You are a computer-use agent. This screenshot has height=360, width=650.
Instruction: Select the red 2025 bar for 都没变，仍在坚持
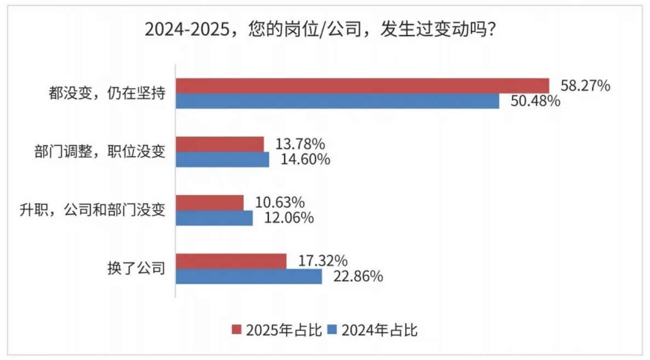click(x=362, y=85)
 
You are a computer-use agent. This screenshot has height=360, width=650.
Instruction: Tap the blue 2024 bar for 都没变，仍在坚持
click(x=337, y=101)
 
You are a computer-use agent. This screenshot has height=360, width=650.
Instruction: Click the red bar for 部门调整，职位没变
click(x=220, y=144)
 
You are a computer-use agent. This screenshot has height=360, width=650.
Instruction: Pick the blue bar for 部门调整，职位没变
click(x=222, y=159)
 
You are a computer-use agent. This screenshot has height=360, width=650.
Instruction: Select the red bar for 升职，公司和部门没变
click(x=209, y=203)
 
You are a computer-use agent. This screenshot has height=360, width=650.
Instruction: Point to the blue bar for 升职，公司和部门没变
click(x=214, y=218)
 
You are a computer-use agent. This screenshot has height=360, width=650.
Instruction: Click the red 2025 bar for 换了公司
click(x=231, y=261)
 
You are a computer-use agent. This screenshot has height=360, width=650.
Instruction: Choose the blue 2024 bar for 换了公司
click(x=249, y=277)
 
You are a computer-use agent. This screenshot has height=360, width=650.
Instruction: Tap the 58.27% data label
click(x=585, y=86)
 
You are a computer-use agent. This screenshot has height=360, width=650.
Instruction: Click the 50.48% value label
click(x=535, y=101)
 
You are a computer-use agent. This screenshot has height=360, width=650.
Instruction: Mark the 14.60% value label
click(x=305, y=159)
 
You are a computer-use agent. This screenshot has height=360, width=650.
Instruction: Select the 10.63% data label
click(x=280, y=203)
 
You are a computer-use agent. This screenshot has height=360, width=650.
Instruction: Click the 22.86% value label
click(x=357, y=277)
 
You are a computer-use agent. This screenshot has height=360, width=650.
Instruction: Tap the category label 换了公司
click(x=136, y=268)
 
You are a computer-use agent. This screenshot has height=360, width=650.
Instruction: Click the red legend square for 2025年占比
click(x=237, y=329)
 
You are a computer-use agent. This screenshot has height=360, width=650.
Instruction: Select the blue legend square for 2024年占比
click(x=332, y=329)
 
